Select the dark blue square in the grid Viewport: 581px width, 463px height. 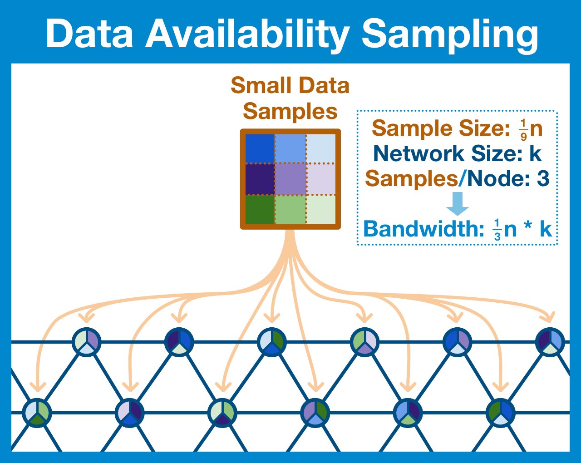click(260, 148)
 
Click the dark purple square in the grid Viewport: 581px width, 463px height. click(260, 178)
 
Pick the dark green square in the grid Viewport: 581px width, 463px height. click(260, 209)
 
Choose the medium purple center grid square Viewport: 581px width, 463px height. click(290, 178)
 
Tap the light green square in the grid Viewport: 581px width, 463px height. click(290, 209)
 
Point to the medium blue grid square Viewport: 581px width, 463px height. click(290, 148)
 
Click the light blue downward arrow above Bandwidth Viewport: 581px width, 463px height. click(457, 203)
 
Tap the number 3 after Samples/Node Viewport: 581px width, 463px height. click(543, 178)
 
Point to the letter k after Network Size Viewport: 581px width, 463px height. click(536, 153)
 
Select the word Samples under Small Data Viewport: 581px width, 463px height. click(290, 111)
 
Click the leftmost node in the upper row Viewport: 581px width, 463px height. click(86, 341)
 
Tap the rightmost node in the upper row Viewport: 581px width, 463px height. click(550, 341)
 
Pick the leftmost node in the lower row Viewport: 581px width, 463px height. click(37, 413)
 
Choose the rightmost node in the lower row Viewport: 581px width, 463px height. click(500, 413)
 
